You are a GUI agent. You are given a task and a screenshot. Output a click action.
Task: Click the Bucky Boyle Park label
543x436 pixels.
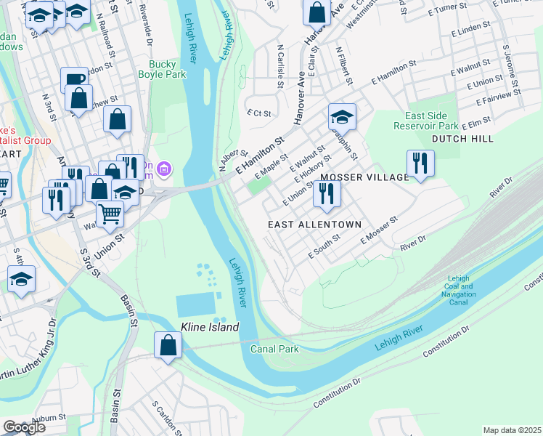pos(163,69)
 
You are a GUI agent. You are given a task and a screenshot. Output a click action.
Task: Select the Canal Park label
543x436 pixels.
pos(274,350)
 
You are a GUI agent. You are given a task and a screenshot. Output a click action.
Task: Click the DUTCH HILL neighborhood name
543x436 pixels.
pos(462,138)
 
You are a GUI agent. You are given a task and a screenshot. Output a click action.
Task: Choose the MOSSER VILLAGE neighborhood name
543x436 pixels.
pos(364,177)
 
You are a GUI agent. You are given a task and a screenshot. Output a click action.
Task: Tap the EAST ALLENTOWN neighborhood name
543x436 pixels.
pos(314,225)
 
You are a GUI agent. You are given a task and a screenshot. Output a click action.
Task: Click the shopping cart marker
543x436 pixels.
pos(110,214)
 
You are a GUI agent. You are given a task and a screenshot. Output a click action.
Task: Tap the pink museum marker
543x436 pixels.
pos(166,171)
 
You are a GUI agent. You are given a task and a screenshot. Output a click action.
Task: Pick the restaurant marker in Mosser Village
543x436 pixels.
pos(420,163)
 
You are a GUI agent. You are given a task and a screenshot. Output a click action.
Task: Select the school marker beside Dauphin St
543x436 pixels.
pos(342,116)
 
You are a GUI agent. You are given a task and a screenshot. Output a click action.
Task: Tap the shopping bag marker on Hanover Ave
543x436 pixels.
pos(317,12)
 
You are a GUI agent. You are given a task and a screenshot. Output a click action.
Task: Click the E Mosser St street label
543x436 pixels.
pos(376,232)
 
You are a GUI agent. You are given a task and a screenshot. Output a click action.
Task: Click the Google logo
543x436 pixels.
pos(24,427)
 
